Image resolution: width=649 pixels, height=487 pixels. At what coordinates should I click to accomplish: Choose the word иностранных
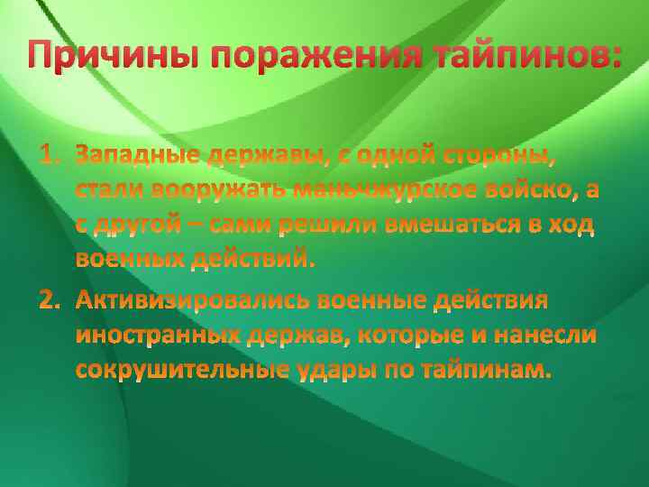[159, 335]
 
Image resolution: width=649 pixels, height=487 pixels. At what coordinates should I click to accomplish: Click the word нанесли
[553, 335]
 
